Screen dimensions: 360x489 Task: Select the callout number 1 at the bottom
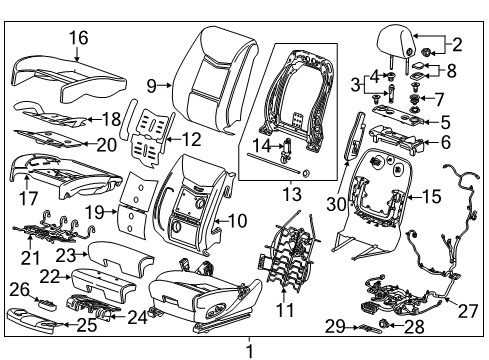click(x=251, y=350)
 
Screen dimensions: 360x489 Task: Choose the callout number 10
click(x=238, y=219)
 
